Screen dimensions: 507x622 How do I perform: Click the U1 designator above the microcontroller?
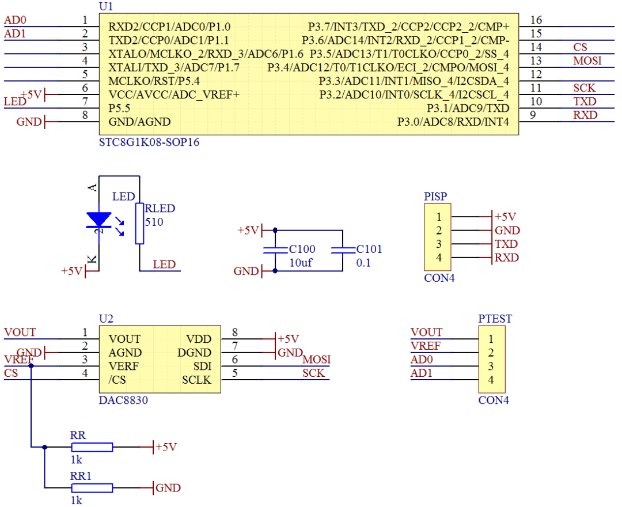pos(107,6)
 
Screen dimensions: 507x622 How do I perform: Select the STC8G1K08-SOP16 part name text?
pos(149,142)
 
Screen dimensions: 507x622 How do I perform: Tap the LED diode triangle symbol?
pos(98,220)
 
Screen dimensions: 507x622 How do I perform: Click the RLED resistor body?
pos(139,223)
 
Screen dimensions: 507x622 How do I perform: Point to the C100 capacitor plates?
pos(275,250)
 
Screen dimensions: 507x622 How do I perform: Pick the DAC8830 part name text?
pos(123,400)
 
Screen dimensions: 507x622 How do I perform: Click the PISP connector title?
pos(435,197)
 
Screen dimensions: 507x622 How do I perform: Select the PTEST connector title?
pos(495,319)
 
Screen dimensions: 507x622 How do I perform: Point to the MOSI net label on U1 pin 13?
pos(587,60)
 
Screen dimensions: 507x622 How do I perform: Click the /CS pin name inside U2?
pos(117,380)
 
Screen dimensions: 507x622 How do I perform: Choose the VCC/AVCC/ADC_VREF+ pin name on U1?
pos(174,94)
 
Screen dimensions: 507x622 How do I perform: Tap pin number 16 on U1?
pos(536,21)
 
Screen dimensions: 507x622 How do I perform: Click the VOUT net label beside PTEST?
pos(426,332)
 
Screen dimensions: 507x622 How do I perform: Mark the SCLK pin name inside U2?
pos(196,380)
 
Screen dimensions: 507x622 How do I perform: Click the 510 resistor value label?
pos(154,222)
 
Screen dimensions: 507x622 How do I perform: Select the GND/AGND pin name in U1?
pos(140,122)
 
